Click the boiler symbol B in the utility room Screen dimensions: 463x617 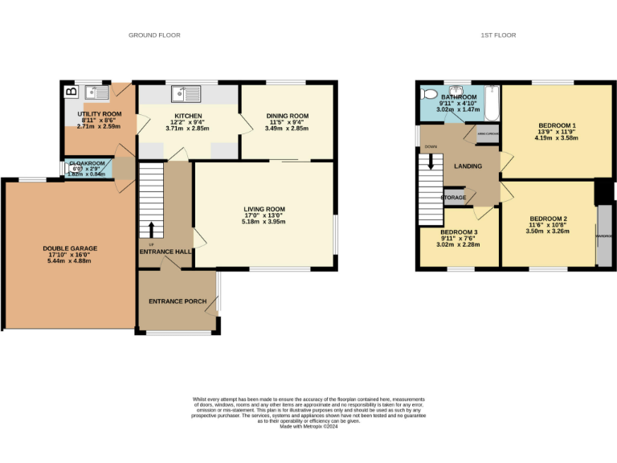coord(72,92)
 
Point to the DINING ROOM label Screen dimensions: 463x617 coord(287,116)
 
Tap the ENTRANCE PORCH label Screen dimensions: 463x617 coord(178,301)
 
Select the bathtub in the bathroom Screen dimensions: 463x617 coord(491,102)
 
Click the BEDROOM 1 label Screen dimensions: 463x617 coord(557,126)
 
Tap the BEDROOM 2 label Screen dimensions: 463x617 coord(549,219)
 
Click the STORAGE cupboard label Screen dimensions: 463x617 coord(454,197)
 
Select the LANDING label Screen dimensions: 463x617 coord(468,166)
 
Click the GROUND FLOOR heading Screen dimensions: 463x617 coord(154,35)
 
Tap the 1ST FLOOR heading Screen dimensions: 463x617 coord(498,35)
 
